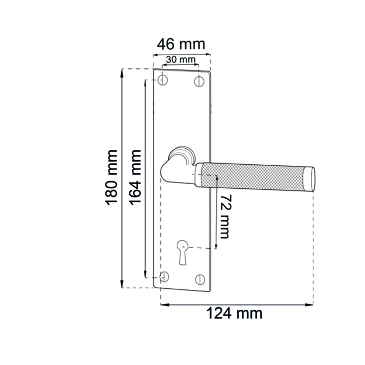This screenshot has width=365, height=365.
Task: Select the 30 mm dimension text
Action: pos(180,59)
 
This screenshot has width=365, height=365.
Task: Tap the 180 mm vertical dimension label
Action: pos(112,178)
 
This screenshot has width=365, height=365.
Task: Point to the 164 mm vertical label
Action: pos(135,178)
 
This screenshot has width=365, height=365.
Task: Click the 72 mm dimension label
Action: pos(225,216)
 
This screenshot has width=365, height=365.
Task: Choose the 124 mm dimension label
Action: pos(234,313)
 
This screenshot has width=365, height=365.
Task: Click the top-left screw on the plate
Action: pos(163,80)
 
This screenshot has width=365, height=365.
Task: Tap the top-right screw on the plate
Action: pos(199,81)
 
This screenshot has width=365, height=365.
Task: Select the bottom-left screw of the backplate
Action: pos(164,277)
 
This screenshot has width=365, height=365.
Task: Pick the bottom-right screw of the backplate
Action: pos(200,279)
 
